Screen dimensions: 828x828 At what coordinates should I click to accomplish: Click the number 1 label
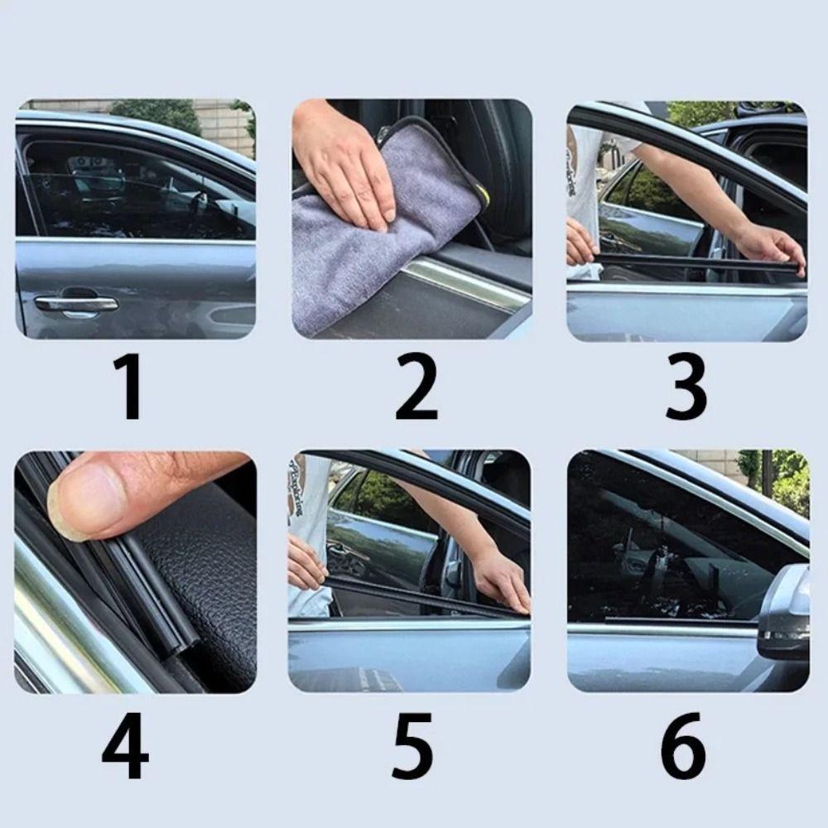[x=131, y=386]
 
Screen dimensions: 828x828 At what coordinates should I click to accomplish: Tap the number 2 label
[x=416, y=386]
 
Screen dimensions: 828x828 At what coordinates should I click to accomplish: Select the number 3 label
[x=686, y=386]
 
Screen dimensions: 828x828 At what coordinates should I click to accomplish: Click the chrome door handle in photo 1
[x=76, y=305]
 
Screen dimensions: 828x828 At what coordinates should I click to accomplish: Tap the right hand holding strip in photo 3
[x=770, y=246]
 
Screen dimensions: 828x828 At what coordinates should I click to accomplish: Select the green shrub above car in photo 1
[x=157, y=113]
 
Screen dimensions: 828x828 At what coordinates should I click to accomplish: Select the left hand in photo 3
[x=580, y=243]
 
